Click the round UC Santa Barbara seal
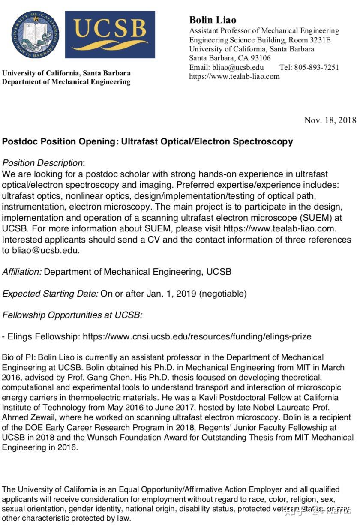[36, 35]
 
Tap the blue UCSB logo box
[110, 35]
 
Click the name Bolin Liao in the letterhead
[213, 20]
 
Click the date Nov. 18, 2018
[330, 120]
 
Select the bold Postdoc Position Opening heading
[147, 141]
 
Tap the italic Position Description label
[42, 163]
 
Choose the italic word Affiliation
[22, 272]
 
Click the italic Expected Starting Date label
[50, 294]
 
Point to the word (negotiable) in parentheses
[223, 294]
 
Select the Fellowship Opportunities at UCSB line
[72, 315]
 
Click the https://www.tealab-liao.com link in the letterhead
[234, 77]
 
